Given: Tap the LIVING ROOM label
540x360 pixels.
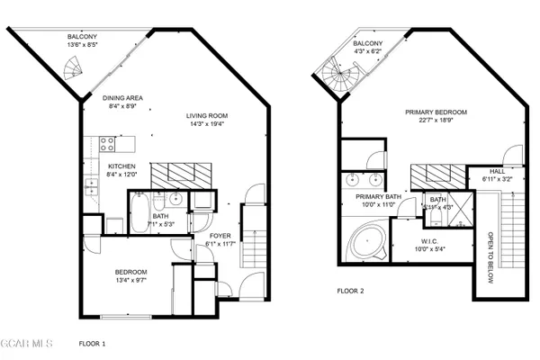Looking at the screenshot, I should [207, 115].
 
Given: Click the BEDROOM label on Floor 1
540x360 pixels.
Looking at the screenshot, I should [130, 272].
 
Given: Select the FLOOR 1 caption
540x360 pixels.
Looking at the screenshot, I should [92, 343].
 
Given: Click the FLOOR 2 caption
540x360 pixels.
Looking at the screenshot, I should [350, 291].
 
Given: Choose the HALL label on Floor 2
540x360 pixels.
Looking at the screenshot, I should [497, 170].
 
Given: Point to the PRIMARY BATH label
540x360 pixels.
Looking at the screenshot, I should [377, 196].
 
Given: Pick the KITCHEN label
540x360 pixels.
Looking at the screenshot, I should [121, 166].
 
